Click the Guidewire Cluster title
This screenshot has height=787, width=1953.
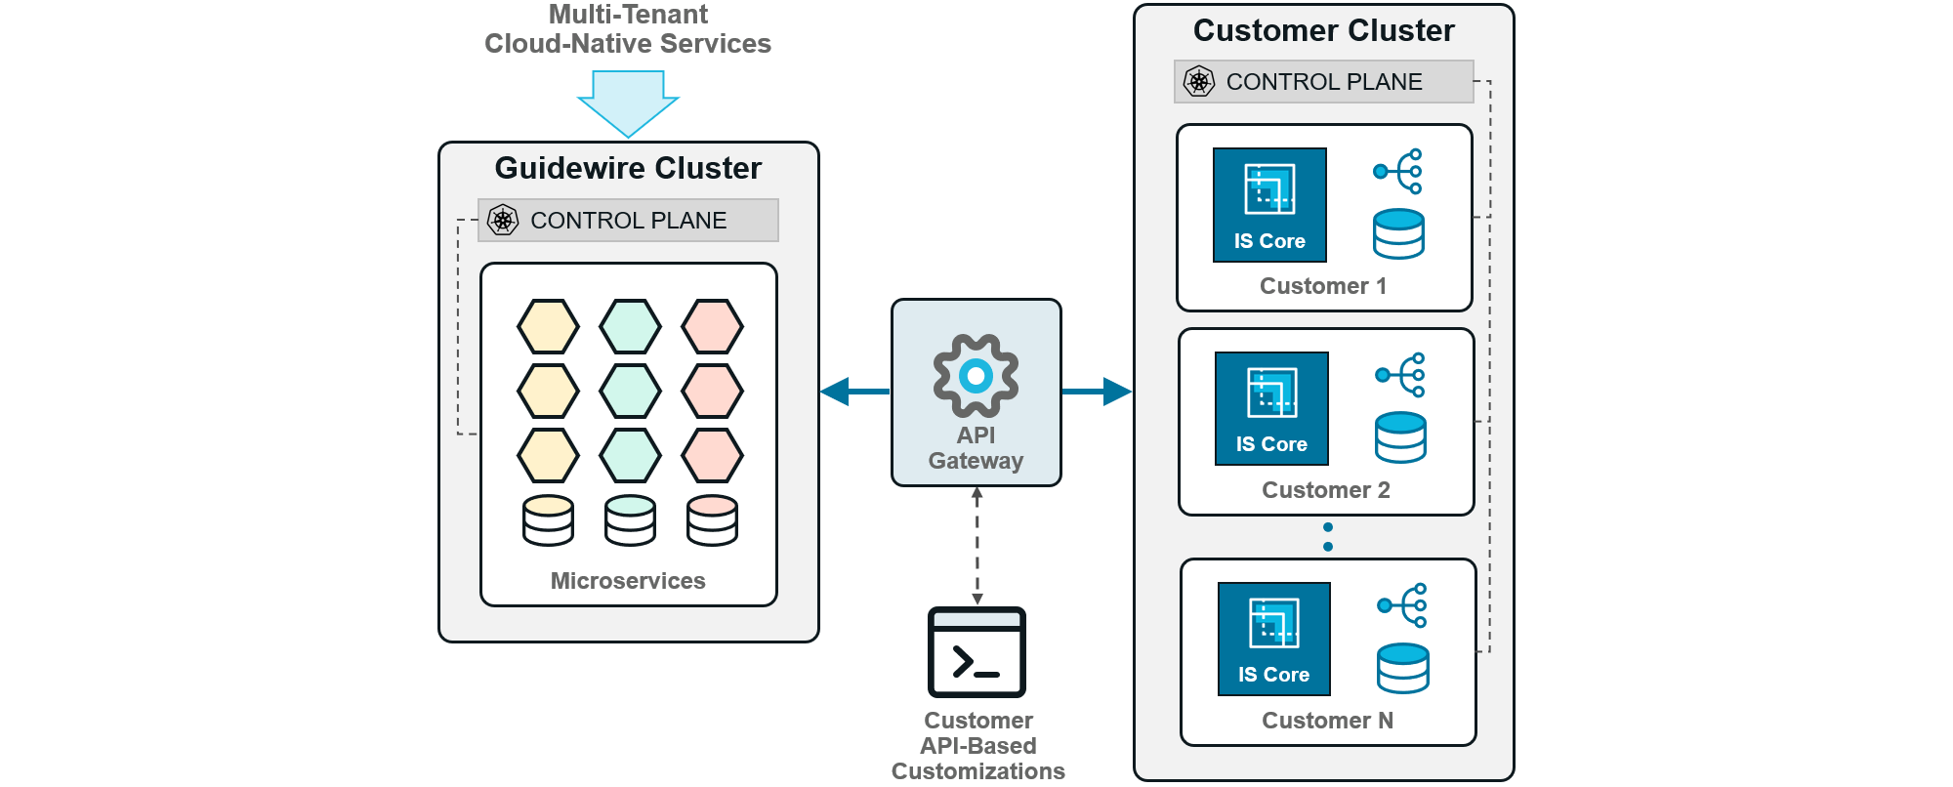[x=628, y=168]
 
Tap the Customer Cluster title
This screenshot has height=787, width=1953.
[x=1323, y=30]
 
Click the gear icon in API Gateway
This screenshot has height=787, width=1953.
[x=976, y=376]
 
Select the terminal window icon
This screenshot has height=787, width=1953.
[x=976, y=652]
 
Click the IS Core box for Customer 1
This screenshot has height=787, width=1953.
[x=1269, y=205]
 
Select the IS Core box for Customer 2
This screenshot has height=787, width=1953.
[x=1271, y=408]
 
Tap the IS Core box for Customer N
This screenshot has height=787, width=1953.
[x=1273, y=639]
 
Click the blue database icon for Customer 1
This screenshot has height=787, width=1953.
[x=1398, y=234]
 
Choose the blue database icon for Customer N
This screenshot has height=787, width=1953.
[x=1402, y=668]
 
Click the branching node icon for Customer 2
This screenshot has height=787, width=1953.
[x=1400, y=375]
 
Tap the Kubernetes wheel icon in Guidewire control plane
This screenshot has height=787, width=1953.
[x=503, y=220]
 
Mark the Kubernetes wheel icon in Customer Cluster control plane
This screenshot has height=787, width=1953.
[x=1198, y=81]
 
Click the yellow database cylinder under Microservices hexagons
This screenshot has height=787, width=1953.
[x=548, y=520]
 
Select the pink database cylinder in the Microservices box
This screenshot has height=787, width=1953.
[x=712, y=520]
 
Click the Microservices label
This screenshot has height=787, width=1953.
[x=628, y=581]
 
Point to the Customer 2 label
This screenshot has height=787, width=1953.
[x=1325, y=490]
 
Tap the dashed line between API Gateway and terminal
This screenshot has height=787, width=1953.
[x=976, y=547]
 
